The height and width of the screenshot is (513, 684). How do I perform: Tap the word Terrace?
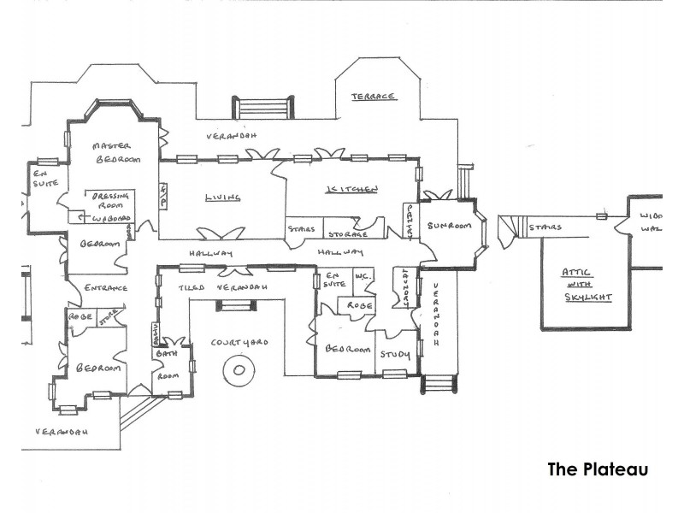[373, 97]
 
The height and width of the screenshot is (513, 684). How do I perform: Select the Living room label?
[222, 198]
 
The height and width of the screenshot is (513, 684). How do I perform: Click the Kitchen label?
[351, 189]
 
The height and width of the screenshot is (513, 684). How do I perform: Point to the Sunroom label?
[450, 226]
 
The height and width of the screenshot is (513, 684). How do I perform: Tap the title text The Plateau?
[598, 469]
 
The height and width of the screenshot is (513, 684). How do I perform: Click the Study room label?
[395, 354]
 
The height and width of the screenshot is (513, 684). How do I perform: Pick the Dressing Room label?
[110, 200]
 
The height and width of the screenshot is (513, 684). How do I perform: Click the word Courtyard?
[239, 342]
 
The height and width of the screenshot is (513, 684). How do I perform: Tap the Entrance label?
[104, 288]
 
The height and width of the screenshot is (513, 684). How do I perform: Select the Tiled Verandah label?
[222, 288]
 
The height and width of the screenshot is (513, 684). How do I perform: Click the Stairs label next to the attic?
[545, 228]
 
